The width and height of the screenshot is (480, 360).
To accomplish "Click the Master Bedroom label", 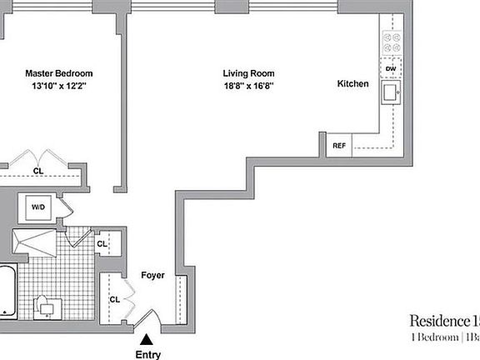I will (58, 73).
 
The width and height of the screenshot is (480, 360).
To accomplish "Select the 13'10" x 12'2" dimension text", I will (58, 85).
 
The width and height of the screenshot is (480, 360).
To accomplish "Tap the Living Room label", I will (248, 73).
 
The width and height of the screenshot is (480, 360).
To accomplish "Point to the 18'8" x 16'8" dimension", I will (248, 85).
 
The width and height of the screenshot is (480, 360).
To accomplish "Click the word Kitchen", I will (353, 84).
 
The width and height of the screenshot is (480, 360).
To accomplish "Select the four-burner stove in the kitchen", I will (392, 42).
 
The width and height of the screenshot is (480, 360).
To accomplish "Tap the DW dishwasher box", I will (391, 68).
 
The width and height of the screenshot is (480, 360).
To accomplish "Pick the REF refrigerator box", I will (339, 145).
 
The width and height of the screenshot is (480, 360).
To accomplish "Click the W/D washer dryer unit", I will (39, 207).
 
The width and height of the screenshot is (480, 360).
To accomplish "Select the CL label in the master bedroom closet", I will (38, 172).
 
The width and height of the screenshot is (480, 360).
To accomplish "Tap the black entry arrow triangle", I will (147, 338).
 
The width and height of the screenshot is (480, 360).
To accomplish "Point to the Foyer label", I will (152, 275).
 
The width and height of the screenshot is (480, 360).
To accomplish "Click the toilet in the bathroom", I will (47, 305).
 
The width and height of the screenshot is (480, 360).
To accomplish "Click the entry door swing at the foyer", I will (150, 319).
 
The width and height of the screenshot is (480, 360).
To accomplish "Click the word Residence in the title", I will (438, 321).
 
